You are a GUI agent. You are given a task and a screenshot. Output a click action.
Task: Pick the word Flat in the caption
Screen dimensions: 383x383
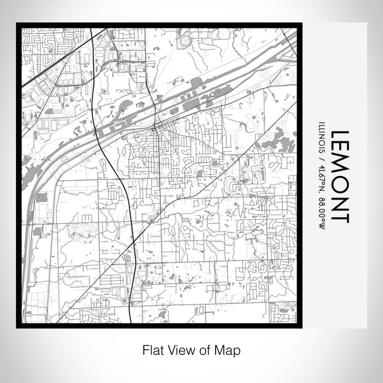(154, 349)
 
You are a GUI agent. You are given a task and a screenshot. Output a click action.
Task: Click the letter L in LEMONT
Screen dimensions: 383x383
(339, 134)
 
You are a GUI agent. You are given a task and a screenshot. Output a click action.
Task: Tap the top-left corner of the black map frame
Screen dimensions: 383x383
(18, 24)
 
